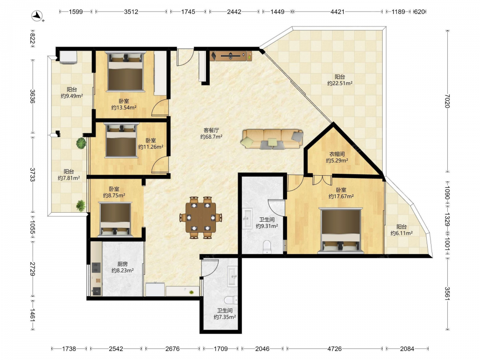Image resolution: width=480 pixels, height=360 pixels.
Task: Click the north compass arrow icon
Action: coord(37,16)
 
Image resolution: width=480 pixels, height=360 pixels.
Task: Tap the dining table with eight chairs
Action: coord(201,217)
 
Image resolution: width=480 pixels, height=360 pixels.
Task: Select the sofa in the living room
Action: coord(272,139)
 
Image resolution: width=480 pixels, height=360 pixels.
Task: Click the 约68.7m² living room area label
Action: coord(211,137)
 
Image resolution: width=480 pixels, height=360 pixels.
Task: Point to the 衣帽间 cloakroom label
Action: coord(337,154)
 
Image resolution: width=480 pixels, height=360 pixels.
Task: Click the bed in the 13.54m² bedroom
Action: coord(125,72)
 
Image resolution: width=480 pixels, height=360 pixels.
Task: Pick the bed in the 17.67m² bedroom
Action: coord(341,231)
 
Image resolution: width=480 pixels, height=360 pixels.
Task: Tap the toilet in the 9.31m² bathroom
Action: coord(267,247)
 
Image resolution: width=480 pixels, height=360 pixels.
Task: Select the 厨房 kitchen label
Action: coord(122,264)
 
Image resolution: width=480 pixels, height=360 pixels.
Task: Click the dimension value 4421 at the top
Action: coord(337,12)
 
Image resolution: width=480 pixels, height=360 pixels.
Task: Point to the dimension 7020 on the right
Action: coord(447,101)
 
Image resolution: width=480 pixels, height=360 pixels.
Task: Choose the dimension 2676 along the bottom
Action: coord(172,348)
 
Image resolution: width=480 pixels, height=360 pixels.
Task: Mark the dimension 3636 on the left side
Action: coord(33,96)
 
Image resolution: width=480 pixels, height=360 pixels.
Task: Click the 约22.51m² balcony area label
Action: coord(340,83)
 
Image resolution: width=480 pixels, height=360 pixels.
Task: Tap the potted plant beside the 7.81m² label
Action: coord(81,205)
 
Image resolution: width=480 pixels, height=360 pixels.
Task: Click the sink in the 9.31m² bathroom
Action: coord(247,218)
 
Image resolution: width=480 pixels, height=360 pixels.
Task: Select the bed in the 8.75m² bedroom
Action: coord(115,219)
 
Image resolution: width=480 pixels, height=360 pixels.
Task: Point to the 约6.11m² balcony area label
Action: coord(401,233)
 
